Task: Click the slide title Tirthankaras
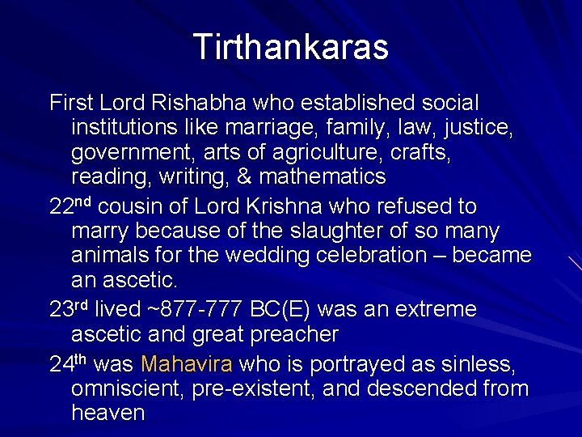pos(291,48)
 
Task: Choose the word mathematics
pos(323,176)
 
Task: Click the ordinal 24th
pos(71,364)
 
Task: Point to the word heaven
pos(108,413)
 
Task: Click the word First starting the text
pos(71,104)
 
